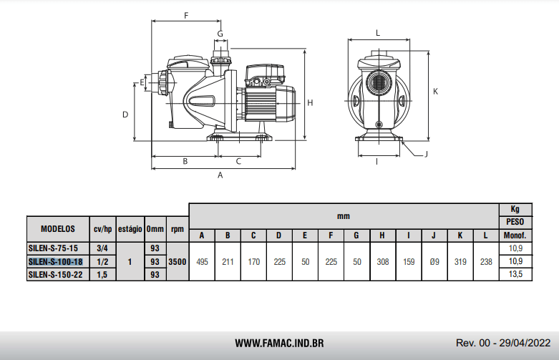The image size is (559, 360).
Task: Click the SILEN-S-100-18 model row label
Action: click(x=55, y=262)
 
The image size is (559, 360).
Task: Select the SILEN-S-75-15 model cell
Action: click(x=53, y=248)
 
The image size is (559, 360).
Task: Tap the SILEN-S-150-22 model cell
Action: click(x=55, y=275)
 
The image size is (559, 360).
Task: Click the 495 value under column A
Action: click(x=202, y=262)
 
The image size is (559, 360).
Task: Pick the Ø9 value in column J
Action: click(x=434, y=262)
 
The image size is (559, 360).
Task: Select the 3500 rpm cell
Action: click(x=178, y=262)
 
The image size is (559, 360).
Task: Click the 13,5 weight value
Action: click(x=515, y=273)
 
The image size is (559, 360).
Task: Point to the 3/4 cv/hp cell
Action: click(x=102, y=248)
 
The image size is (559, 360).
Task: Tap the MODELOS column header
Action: click(x=58, y=229)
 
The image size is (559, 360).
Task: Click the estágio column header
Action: click(x=130, y=229)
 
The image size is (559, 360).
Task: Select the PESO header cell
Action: click(x=515, y=222)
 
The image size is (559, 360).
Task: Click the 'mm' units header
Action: click(x=344, y=216)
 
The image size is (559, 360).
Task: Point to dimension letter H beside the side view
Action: click(x=310, y=102)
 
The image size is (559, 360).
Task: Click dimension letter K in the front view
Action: click(x=435, y=92)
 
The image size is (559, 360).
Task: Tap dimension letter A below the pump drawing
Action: click(x=220, y=175)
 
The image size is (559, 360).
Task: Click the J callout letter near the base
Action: click(x=426, y=154)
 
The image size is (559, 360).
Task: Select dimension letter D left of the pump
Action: click(x=125, y=115)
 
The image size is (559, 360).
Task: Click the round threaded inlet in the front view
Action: click(x=379, y=82)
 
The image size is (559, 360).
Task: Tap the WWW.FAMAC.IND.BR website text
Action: click(x=279, y=344)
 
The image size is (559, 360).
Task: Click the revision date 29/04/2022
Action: click(x=525, y=343)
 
